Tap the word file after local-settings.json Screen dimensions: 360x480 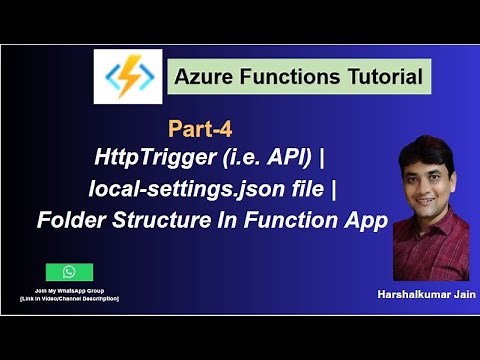(x=320, y=190)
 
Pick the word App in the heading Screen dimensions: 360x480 (x=365, y=221)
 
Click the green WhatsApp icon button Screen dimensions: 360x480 (x=69, y=272)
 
